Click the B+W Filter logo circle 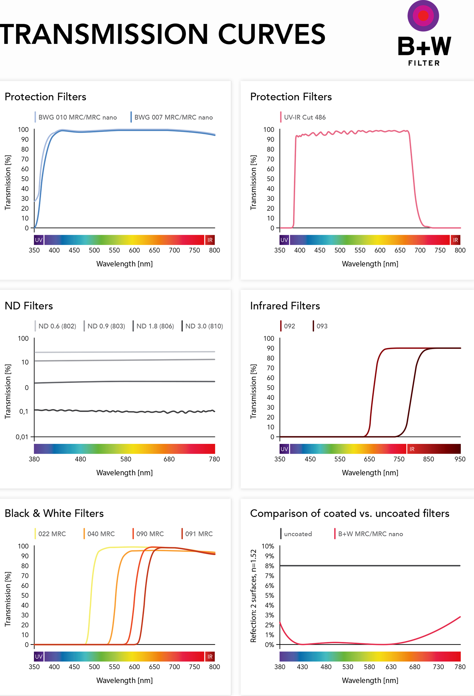pyautogui.click(x=423, y=16)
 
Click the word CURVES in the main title pyautogui.click(x=271, y=34)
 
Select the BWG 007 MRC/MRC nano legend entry pyautogui.click(x=173, y=117)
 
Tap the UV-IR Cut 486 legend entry pyautogui.click(x=304, y=117)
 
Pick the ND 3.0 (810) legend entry pyautogui.click(x=204, y=326)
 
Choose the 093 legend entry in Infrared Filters pyautogui.click(x=322, y=326)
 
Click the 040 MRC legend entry pyautogui.click(x=100, y=534)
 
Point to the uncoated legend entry pyautogui.click(x=297, y=534)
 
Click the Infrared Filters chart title pyautogui.click(x=285, y=306)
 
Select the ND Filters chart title pyautogui.click(x=29, y=306)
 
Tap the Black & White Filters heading pyautogui.click(x=54, y=513)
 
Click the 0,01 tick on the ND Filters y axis pyautogui.click(x=22, y=437)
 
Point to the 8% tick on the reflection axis pyautogui.click(x=270, y=566)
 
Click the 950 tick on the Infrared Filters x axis pyautogui.click(x=460, y=459)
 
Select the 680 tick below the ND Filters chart pyautogui.click(x=169, y=459)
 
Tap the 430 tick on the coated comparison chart pyautogui.click(x=302, y=667)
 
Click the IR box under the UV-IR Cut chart pyautogui.click(x=455, y=240)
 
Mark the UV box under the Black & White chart pyautogui.click(x=39, y=657)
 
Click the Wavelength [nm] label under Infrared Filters pyautogui.click(x=370, y=473)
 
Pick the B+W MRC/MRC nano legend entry pyautogui.click(x=370, y=534)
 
